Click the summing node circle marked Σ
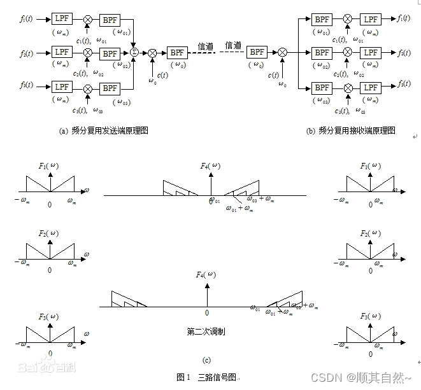pos(135,52)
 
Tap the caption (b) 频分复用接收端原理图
pos(350,130)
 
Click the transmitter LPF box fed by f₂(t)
pos(62,52)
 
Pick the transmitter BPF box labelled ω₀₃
pos(110,87)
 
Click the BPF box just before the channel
pos(176,53)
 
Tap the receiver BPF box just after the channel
pos(257,52)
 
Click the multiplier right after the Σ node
pos(152,53)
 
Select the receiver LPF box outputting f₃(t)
pos(371,87)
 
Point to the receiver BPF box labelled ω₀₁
pos(322,19)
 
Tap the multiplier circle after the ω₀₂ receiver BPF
pos(347,52)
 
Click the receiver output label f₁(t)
pos(403,19)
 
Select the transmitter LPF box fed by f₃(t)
pos(62,87)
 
